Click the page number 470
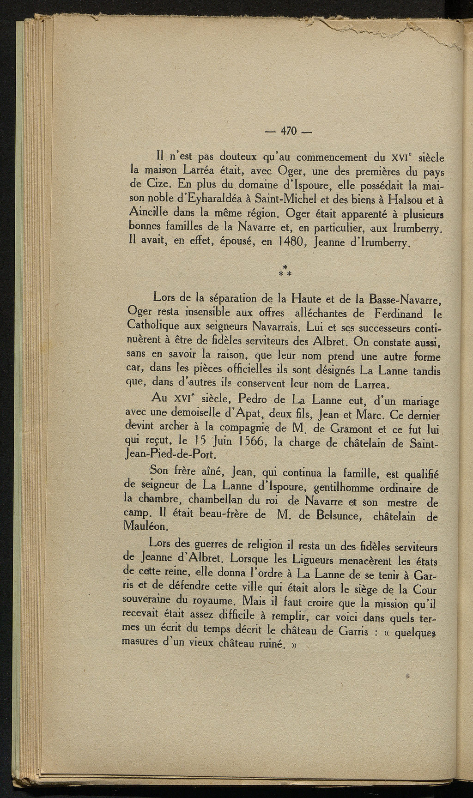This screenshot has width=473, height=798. [289, 131]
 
